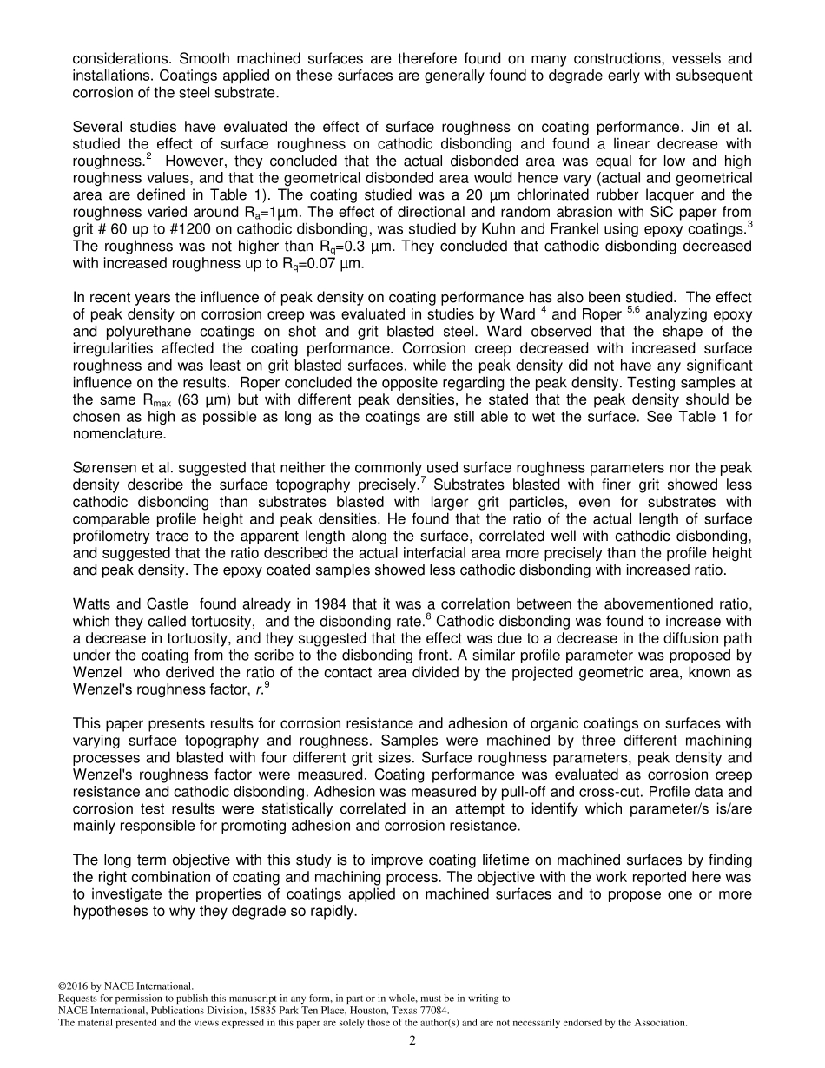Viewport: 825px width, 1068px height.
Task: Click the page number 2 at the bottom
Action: pyautogui.click(x=412, y=1041)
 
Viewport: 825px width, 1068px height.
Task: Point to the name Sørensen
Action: pyautogui.click(x=102, y=469)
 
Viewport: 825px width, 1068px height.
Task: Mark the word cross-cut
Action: pyautogui.click(x=633, y=792)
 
